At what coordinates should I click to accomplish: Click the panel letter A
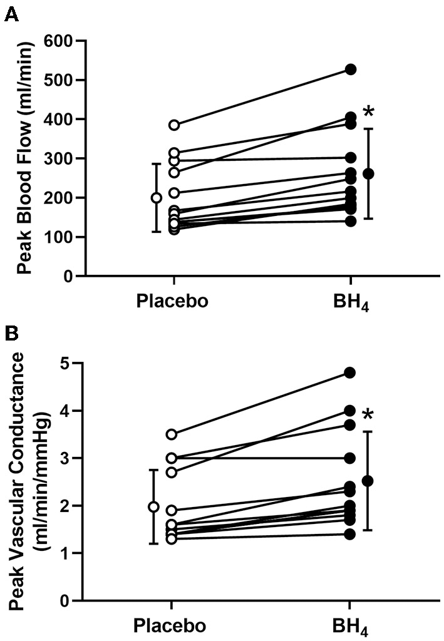point(11,14)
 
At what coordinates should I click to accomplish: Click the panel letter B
point(11,332)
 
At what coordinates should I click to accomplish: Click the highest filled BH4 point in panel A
point(351,69)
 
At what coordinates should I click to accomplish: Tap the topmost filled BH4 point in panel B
point(350,372)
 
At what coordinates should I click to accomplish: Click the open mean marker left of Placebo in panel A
point(156,198)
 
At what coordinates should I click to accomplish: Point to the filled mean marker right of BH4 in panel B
point(368,481)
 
